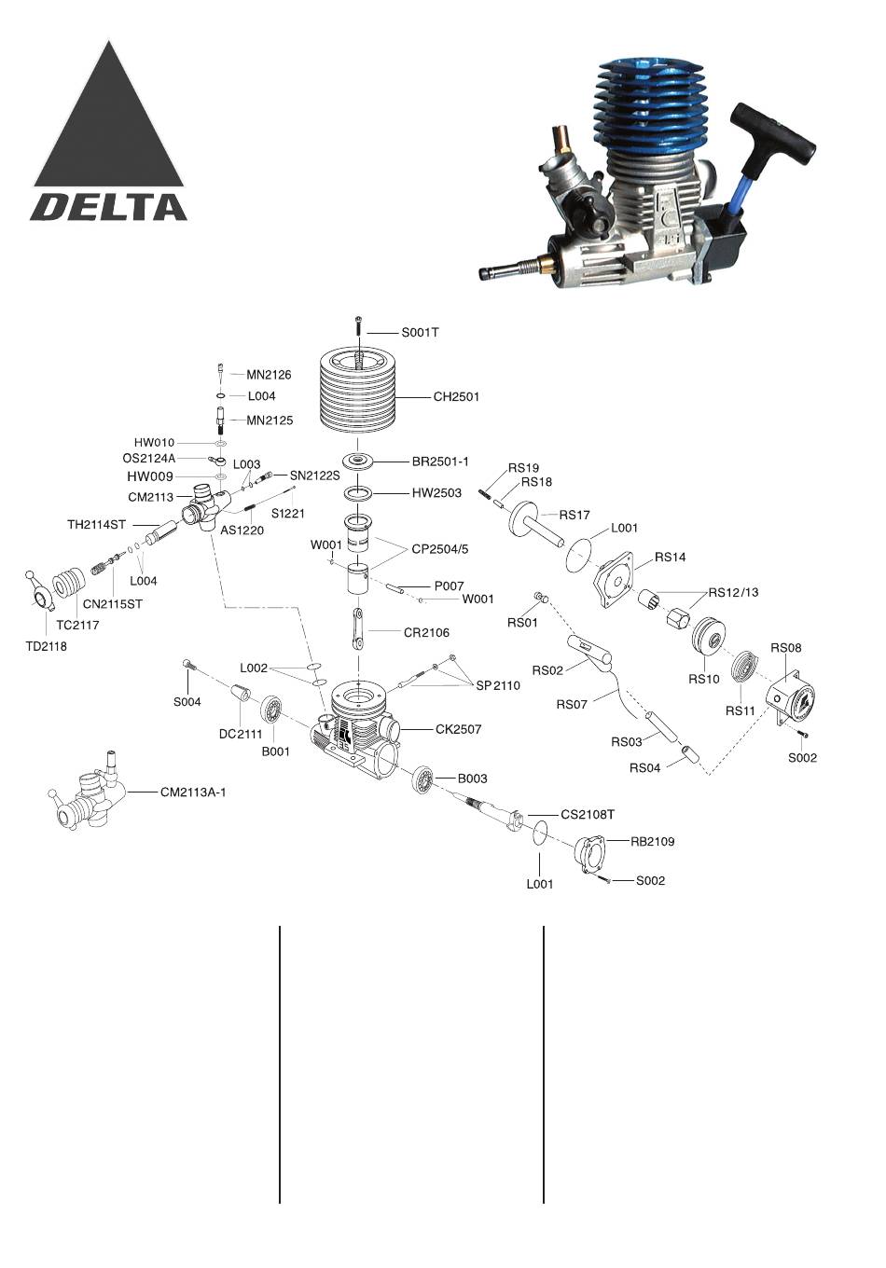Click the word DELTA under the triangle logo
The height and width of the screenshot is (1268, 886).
coord(109,207)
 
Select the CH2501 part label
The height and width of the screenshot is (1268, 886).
coord(456,397)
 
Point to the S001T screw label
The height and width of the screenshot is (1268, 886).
coord(420,332)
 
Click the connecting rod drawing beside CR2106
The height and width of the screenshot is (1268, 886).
coord(358,628)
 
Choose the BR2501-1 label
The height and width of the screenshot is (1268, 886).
coord(440,462)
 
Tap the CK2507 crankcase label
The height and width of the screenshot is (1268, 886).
coord(458,729)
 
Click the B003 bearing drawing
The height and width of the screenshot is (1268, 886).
coord(422,780)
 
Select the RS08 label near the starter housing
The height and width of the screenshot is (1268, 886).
coord(786,648)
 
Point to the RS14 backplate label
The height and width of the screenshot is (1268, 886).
coord(670,557)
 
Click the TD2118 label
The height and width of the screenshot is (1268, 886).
coord(47,646)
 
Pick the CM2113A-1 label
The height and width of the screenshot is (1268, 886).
coord(193,792)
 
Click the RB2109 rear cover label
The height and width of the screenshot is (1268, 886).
coord(652,841)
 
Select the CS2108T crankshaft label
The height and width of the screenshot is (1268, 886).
coord(587,815)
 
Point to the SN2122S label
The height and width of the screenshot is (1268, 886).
coord(315,475)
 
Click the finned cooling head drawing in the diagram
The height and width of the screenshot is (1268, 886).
coord(358,391)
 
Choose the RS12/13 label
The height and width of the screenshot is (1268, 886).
coord(733,592)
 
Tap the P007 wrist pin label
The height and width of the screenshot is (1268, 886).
coord(449,586)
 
